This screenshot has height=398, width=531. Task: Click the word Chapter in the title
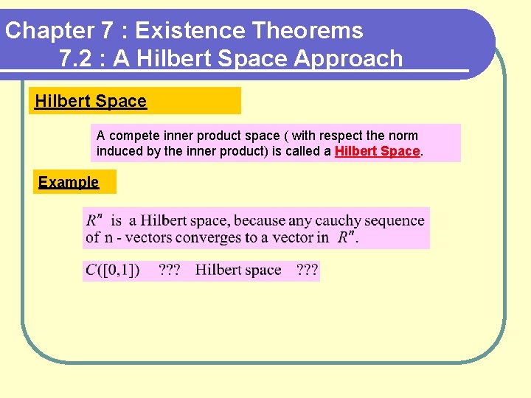point(48,31)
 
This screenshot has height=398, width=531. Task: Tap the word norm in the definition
point(403,136)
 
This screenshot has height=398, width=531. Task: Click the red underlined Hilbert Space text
point(377,151)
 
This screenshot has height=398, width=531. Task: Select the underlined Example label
point(69,182)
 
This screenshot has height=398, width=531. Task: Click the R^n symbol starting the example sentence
point(94,220)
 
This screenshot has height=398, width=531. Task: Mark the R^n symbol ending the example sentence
point(347,237)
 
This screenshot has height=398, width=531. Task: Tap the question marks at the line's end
point(308,270)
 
